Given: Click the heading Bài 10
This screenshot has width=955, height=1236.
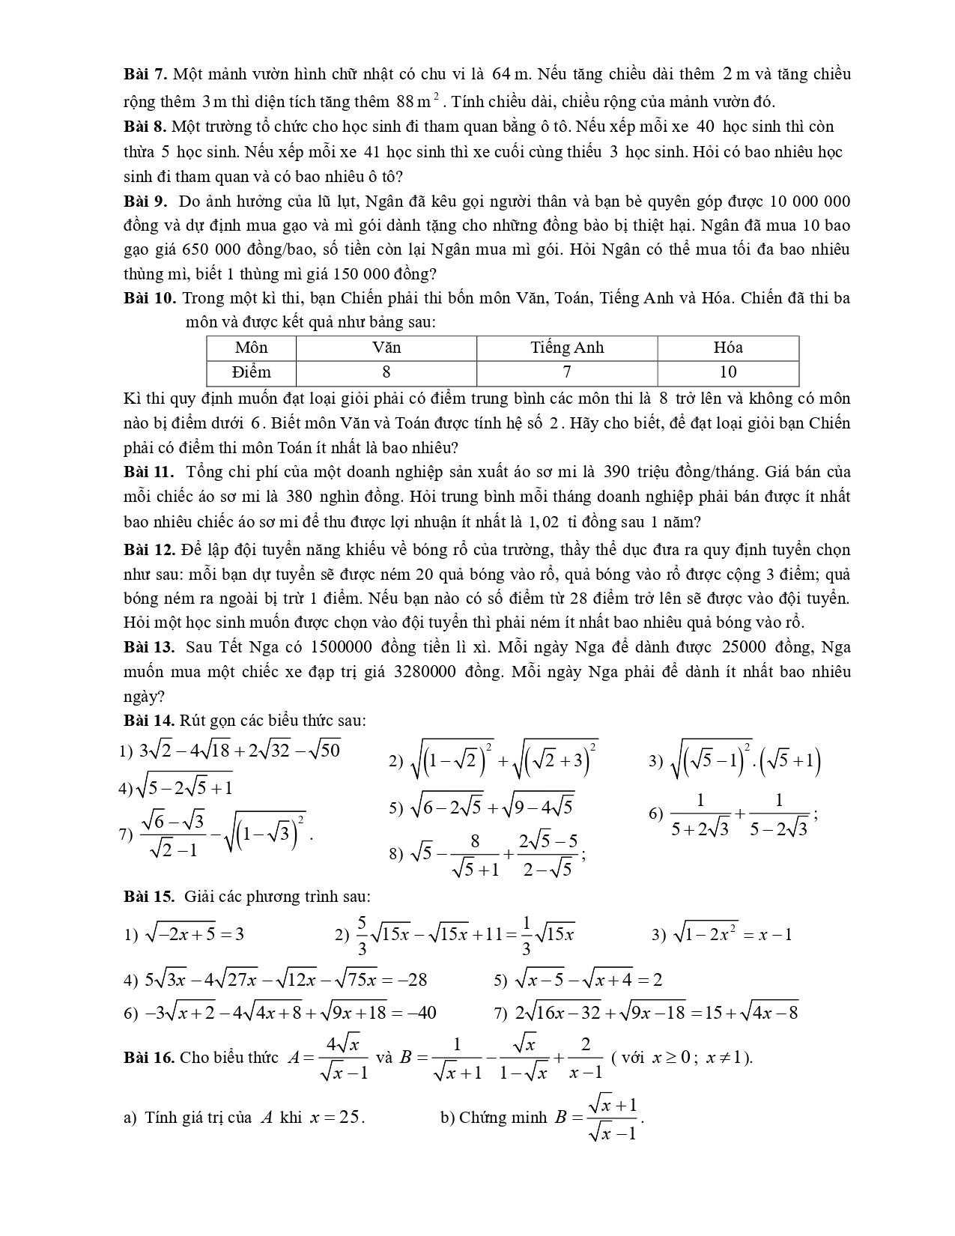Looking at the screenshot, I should [x=150, y=298].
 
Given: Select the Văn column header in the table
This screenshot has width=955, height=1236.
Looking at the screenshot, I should [x=386, y=348].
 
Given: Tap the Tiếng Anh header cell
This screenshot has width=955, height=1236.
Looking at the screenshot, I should [x=566, y=348].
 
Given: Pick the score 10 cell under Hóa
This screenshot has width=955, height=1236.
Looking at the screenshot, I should [x=727, y=372].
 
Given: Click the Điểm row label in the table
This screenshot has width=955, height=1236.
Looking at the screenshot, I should [x=251, y=372].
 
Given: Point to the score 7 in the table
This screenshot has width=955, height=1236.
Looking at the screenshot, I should [x=566, y=372].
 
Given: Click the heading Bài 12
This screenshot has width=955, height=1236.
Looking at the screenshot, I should [x=150, y=550].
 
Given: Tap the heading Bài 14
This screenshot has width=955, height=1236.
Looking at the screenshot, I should [x=150, y=721].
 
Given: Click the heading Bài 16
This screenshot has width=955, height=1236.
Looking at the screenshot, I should [x=150, y=1058].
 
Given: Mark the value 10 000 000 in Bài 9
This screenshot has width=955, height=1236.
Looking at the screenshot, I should [x=809, y=202].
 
